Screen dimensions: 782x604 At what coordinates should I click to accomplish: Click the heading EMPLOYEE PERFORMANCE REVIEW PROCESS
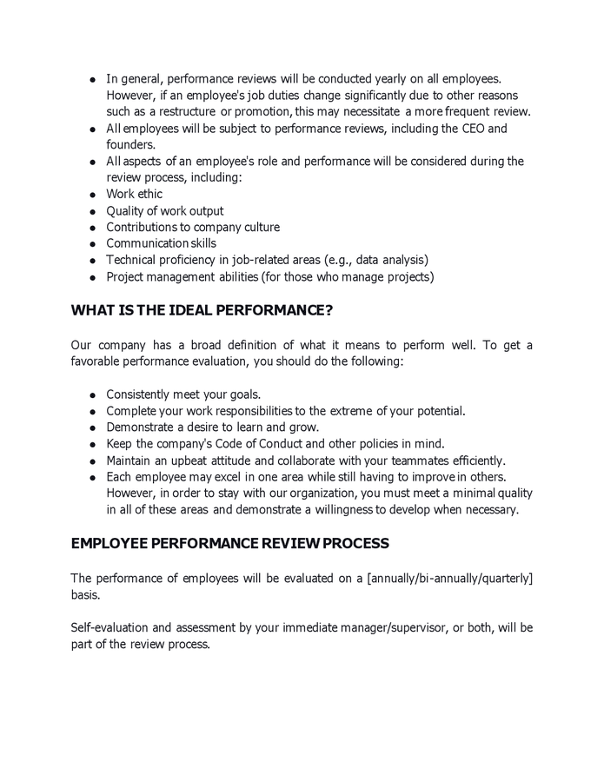point(229,543)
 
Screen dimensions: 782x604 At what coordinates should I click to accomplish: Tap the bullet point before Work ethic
point(92,195)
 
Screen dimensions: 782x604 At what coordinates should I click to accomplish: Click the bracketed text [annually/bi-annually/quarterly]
point(450,579)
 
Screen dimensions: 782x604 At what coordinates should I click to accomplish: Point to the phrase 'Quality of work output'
point(164,211)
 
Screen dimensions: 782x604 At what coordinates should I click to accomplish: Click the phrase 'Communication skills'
point(161,243)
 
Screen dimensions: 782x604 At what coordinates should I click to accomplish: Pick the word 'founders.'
point(131,145)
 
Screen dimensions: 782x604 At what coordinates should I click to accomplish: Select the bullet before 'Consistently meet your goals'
point(92,394)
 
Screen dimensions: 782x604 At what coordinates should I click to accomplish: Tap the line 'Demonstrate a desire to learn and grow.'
point(213,427)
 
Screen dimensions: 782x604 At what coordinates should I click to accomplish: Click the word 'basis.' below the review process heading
point(86,596)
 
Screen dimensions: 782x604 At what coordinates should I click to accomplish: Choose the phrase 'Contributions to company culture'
point(193,228)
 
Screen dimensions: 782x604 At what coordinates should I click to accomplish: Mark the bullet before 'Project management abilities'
point(92,277)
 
